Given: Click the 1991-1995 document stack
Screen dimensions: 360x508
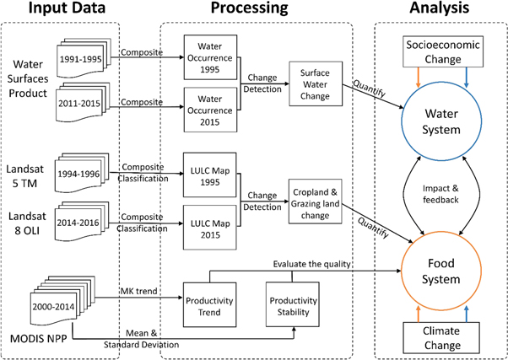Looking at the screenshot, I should point(83,60).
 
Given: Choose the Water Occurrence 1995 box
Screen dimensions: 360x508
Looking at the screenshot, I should point(207,56).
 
